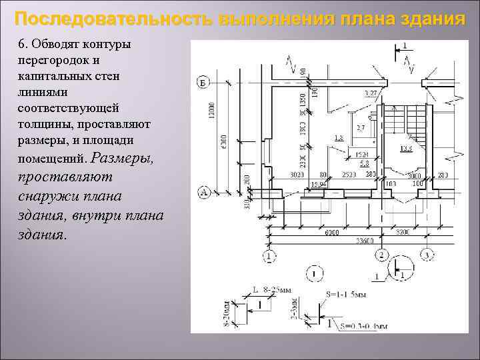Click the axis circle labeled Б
point(203,83)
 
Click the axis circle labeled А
point(204,193)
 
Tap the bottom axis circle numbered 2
point(381,255)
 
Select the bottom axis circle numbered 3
point(426,255)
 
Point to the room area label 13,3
point(405,149)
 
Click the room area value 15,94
point(318,184)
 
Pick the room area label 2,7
point(361,127)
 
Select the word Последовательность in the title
point(115,18)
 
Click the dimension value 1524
point(362,155)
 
